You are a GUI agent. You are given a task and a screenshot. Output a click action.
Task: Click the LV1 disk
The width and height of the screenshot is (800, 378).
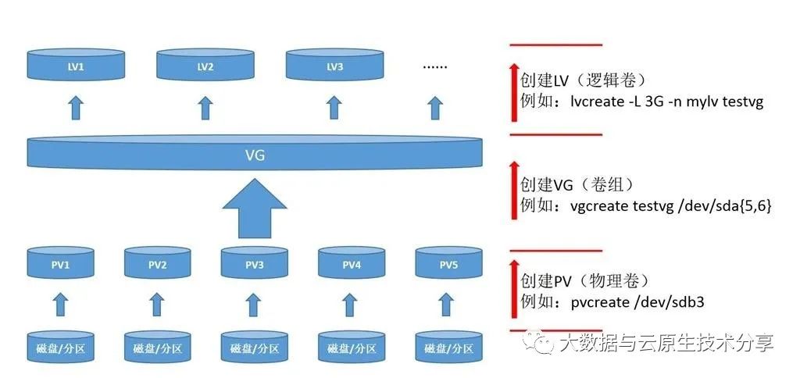(x=76, y=66)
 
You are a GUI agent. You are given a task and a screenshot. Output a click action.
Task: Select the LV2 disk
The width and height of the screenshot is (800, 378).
(x=205, y=66)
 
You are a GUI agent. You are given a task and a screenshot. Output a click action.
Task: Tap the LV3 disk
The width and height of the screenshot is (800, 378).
(x=334, y=66)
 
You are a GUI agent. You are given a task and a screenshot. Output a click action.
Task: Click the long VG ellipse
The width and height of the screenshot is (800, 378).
(x=255, y=155)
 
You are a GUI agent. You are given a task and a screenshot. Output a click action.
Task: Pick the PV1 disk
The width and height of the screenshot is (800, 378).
(x=61, y=264)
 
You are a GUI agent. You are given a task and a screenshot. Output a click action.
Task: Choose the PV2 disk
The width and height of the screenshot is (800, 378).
(x=157, y=264)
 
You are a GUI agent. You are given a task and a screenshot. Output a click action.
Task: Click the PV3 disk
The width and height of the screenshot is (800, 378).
(x=254, y=264)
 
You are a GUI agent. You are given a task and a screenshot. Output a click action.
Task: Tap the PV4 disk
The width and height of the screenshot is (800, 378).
(x=352, y=264)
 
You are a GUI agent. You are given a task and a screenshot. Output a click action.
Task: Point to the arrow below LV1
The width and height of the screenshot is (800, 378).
(x=76, y=107)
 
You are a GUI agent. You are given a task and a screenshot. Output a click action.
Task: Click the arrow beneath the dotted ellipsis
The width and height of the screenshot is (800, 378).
(x=435, y=107)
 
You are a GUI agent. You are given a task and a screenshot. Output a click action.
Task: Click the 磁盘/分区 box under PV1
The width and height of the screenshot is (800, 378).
(x=61, y=347)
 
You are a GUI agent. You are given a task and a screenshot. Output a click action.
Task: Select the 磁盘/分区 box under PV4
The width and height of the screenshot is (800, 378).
(x=352, y=347)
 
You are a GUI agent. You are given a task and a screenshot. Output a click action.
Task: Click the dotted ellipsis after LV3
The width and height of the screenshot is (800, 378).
(x=435, y=66)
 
